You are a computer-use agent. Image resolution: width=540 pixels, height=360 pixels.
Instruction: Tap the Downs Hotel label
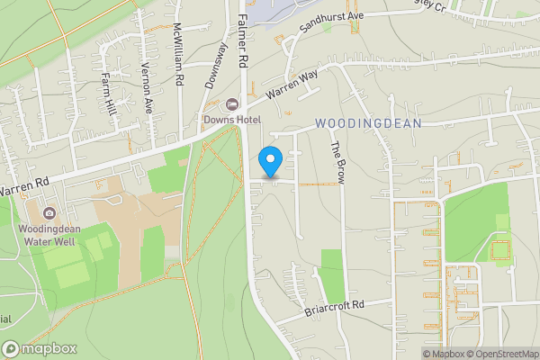[x=232, y=120]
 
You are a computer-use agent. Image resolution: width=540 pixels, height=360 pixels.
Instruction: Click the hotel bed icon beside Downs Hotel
[x=232, y=105]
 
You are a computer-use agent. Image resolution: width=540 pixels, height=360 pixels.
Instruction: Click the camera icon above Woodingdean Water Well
[x=48, y=214]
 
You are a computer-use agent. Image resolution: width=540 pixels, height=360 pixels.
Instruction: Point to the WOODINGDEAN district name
[x=368, y=123]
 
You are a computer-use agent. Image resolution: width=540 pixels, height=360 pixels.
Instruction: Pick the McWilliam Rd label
[x=179, y=54]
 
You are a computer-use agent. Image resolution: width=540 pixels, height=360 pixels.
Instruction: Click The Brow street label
[x=337, y=163]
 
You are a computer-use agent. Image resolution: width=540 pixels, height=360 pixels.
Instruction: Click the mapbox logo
[x=39, y=348]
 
